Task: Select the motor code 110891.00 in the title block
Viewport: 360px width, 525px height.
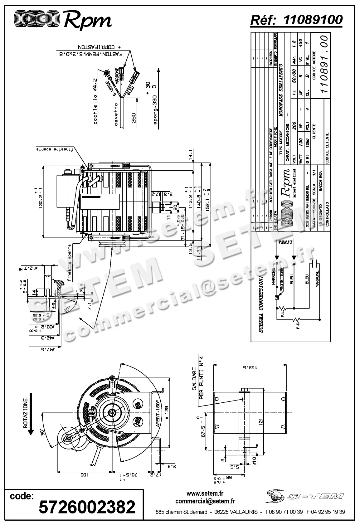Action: [x=324, y=64]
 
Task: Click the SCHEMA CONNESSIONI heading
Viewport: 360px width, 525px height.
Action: [x=261, y=304]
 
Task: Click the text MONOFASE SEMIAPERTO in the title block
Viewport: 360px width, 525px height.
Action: [x=280, y=90]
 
